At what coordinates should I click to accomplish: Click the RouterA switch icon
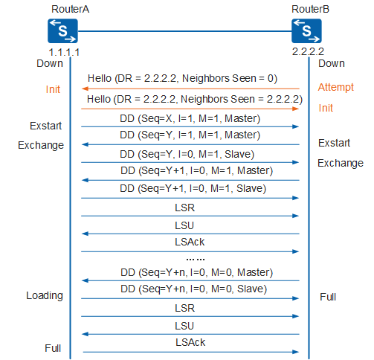(62, 31)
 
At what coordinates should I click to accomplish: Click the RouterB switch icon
(306, 31)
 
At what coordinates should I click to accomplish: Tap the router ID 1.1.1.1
(64, 52)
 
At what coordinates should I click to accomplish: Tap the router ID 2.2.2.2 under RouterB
(308, 51)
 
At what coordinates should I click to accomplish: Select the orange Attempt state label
(336, 88)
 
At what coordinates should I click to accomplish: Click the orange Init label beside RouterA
(53, 89)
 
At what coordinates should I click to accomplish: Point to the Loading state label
(45, 296)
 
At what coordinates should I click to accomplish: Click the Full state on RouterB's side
(328, 297)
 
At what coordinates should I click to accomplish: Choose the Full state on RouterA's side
(53, 348)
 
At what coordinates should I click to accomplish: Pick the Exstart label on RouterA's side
(45, 126)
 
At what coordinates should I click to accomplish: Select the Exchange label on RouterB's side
(341, 164)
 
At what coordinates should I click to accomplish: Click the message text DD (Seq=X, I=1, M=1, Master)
(190, 118)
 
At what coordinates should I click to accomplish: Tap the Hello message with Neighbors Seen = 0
(182, 78)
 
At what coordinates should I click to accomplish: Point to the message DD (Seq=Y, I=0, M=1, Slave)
(187, 154)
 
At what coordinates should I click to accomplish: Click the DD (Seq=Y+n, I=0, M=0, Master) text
(197, 272)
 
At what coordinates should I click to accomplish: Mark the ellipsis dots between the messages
(196, 260)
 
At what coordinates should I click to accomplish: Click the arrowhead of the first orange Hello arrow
(85, 89)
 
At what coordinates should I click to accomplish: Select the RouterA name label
(70, 9)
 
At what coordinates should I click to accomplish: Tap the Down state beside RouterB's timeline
(332, 63)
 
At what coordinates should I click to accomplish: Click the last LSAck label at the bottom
(190, 342)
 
